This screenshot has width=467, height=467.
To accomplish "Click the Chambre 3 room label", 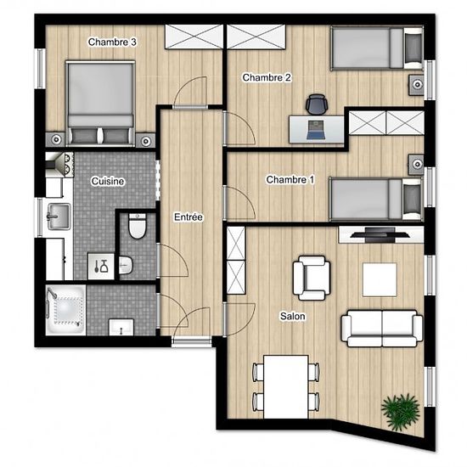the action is [x=112, y=42].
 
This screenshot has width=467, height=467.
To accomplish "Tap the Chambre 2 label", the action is [x=267, y=78].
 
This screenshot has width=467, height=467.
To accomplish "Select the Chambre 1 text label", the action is [x=290, y=180].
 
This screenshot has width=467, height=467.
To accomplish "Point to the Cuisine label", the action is [x=108, y=181].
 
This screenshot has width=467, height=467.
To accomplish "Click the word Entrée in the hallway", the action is [x=188, y=217].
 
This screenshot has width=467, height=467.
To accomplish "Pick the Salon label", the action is [x=292, y=316].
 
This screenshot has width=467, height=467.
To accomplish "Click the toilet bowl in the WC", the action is [x=138, y=227].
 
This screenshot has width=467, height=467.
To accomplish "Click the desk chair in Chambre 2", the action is [x=317, y=104].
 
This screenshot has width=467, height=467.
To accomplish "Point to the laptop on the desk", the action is [x=316, y=130].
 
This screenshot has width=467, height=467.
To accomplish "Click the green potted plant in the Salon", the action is [x=401, y=411].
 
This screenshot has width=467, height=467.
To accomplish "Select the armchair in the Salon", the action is [x=312, y=278].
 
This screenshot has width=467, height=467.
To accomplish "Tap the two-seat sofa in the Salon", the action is [x=382, y=329].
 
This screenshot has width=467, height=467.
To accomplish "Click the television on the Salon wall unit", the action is [x=380, y=234].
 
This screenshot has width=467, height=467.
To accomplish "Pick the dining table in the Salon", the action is [x=286, y=386].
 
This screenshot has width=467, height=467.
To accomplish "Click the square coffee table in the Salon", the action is [x=380, y=279].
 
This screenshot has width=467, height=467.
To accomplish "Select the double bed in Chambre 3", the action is [x=100, y=104].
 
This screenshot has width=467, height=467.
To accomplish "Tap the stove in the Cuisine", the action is [x=59, y=165].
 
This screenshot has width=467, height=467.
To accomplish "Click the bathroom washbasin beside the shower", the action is [x=121, y=327].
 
